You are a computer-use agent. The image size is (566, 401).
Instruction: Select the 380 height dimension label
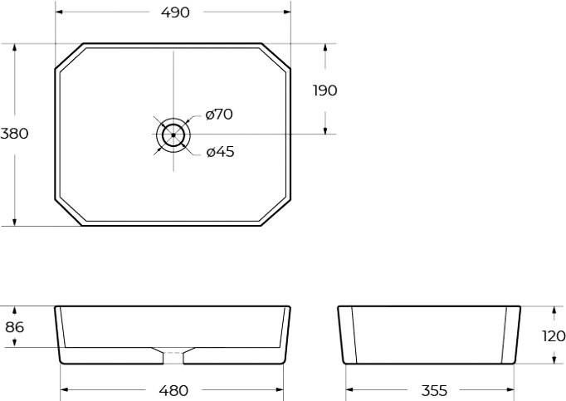[x=15, y=134]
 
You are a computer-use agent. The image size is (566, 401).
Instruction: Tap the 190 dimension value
[x=324, y=90]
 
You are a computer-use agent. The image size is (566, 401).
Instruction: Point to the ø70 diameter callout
[x=219, y=115]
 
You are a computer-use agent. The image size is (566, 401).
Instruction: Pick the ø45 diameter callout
[x=220, y=151]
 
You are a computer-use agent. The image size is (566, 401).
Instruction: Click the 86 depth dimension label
[x=14, y=327]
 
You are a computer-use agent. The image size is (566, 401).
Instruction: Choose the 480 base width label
[x=173, y=389]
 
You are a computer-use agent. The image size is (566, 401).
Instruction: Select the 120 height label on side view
[x=554, y=336]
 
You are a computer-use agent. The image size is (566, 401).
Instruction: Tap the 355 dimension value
[x=433, y=389]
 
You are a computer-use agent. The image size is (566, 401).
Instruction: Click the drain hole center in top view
[x=173, y=134]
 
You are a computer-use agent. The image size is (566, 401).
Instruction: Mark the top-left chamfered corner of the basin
[x=69, y=56]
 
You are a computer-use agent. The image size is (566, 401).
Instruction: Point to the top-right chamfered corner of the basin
[x=276, y=56]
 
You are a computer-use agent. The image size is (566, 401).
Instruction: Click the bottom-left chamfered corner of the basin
[x=69, y=212]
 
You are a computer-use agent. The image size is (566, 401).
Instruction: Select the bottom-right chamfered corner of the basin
[x=276, y=212]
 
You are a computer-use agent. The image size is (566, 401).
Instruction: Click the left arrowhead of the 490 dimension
[x=61, y=12]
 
